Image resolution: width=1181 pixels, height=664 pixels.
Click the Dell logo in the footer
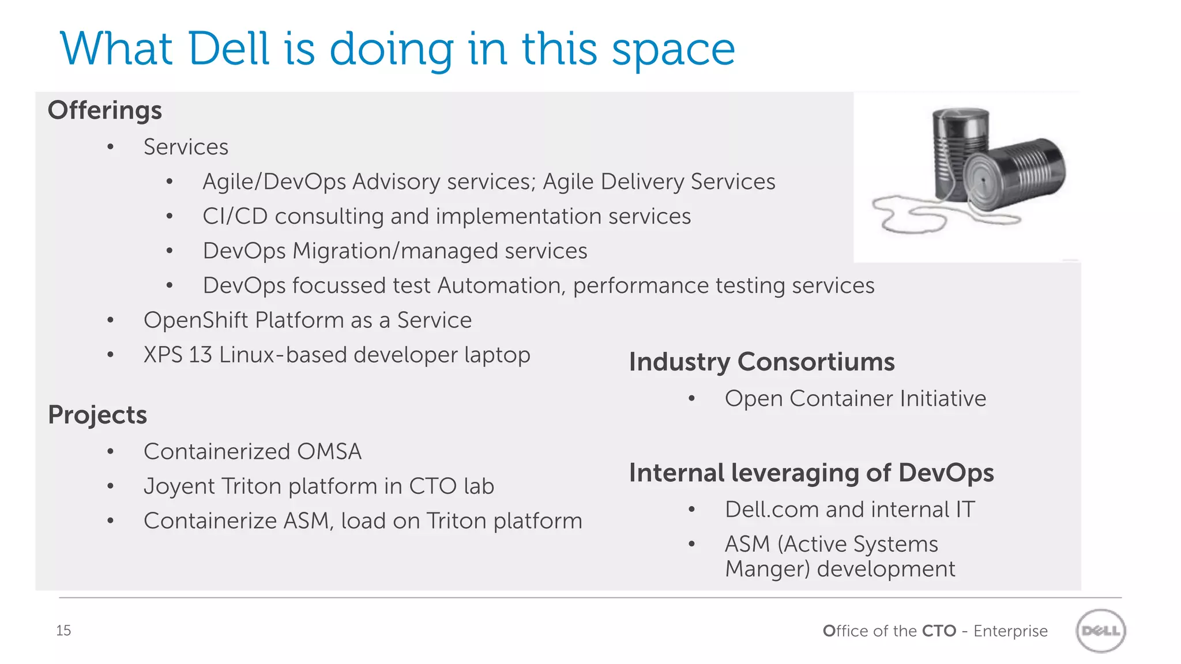1101,631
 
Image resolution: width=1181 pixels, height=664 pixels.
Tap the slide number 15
63,631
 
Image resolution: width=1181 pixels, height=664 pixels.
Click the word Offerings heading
104,111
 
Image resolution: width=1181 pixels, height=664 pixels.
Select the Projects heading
97,415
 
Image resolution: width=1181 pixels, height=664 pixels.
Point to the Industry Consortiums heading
761,362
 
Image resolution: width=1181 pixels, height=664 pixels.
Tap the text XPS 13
178,355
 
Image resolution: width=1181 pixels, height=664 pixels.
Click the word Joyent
179,486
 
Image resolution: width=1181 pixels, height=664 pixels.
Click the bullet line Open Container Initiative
855,399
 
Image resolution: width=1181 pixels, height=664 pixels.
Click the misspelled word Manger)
768,569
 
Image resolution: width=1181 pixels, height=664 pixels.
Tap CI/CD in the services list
235,217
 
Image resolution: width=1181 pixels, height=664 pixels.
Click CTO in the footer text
939,631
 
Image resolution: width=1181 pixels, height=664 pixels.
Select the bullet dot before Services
110,148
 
